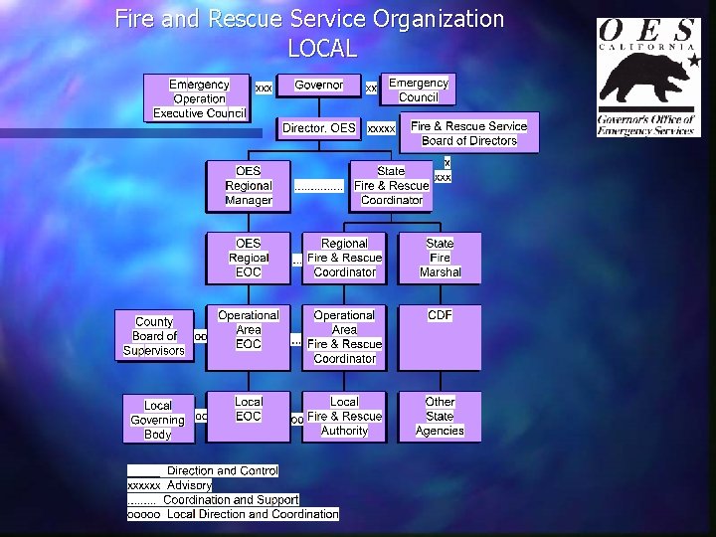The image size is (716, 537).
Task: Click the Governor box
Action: tap(319, 86)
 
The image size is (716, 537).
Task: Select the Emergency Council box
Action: tap(419, 90)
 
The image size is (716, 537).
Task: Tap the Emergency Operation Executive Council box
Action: tap(199, 98)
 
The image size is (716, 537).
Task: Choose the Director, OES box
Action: tap(319, 128)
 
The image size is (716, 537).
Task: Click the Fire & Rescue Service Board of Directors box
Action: tap(469, 133)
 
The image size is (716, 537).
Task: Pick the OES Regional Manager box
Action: tap(249, 186)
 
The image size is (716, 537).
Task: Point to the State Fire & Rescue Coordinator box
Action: tap(391, 186)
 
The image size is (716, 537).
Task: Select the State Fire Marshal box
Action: tap(440, 258)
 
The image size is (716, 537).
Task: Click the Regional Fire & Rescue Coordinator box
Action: tap(345, 258)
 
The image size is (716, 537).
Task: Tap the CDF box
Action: tap(440, 337)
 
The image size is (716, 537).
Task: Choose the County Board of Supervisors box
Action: tap(154, 336)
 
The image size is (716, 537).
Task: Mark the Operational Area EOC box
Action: tap(249, 330)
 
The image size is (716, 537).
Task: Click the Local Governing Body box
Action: tap(158, 420)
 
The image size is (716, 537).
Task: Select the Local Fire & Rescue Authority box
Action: tap(345, 417)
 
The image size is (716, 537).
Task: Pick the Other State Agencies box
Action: tap(440, 417)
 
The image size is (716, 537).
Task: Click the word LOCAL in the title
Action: tap(321, 48)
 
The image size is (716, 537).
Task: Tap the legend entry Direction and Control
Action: tap(223, 470)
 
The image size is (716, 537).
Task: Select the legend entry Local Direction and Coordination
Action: tap(253, 514)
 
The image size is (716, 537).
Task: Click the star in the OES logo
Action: tap(693, 62)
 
